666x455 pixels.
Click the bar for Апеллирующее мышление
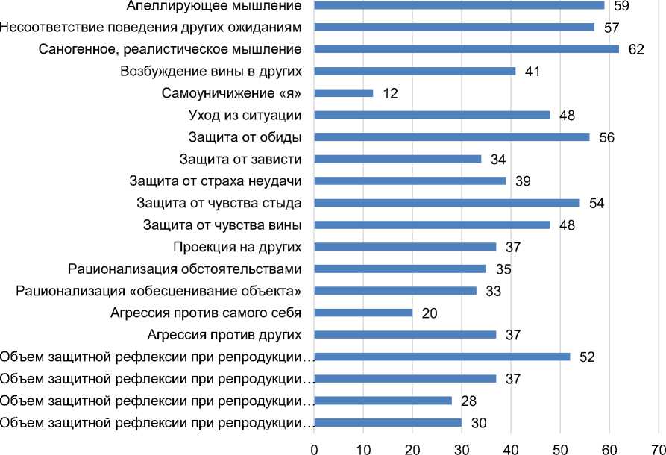click(x=459, y=6)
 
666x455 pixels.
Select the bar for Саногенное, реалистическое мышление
click(x=466, y=49)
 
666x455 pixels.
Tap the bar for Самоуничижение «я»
click(x=343, y=93)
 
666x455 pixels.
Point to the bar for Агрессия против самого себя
click(x=363, y=313)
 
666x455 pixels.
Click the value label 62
click(x=636, y=50)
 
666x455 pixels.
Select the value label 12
click(x=390, y=94)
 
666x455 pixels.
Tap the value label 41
click(x=532, y=72)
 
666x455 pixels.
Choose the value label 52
click(x=586, y=357)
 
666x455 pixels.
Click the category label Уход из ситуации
click(x=245, y=116)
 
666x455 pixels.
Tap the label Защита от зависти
click(x=240, y=159)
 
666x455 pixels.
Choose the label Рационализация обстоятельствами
click(x=184, y=269)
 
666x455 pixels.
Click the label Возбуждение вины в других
click(x=210, y=72)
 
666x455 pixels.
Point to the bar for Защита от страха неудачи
click(x=410, y=181)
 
